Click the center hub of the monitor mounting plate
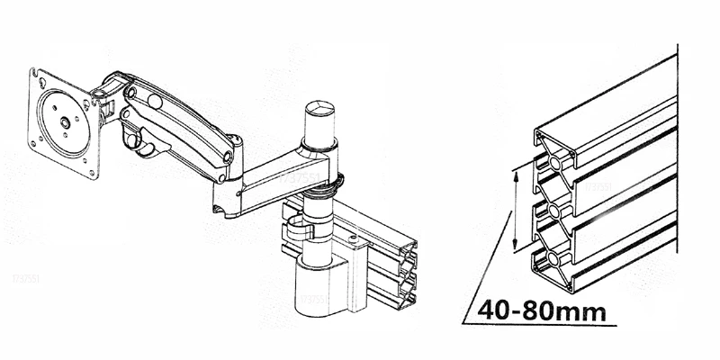65,122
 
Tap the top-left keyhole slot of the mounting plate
41,83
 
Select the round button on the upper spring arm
155,101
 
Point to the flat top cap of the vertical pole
320,109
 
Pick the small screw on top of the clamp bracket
353,238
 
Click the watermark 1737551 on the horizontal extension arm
299,178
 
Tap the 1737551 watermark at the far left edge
26,279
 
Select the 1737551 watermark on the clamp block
314,300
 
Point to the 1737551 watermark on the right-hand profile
598,187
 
